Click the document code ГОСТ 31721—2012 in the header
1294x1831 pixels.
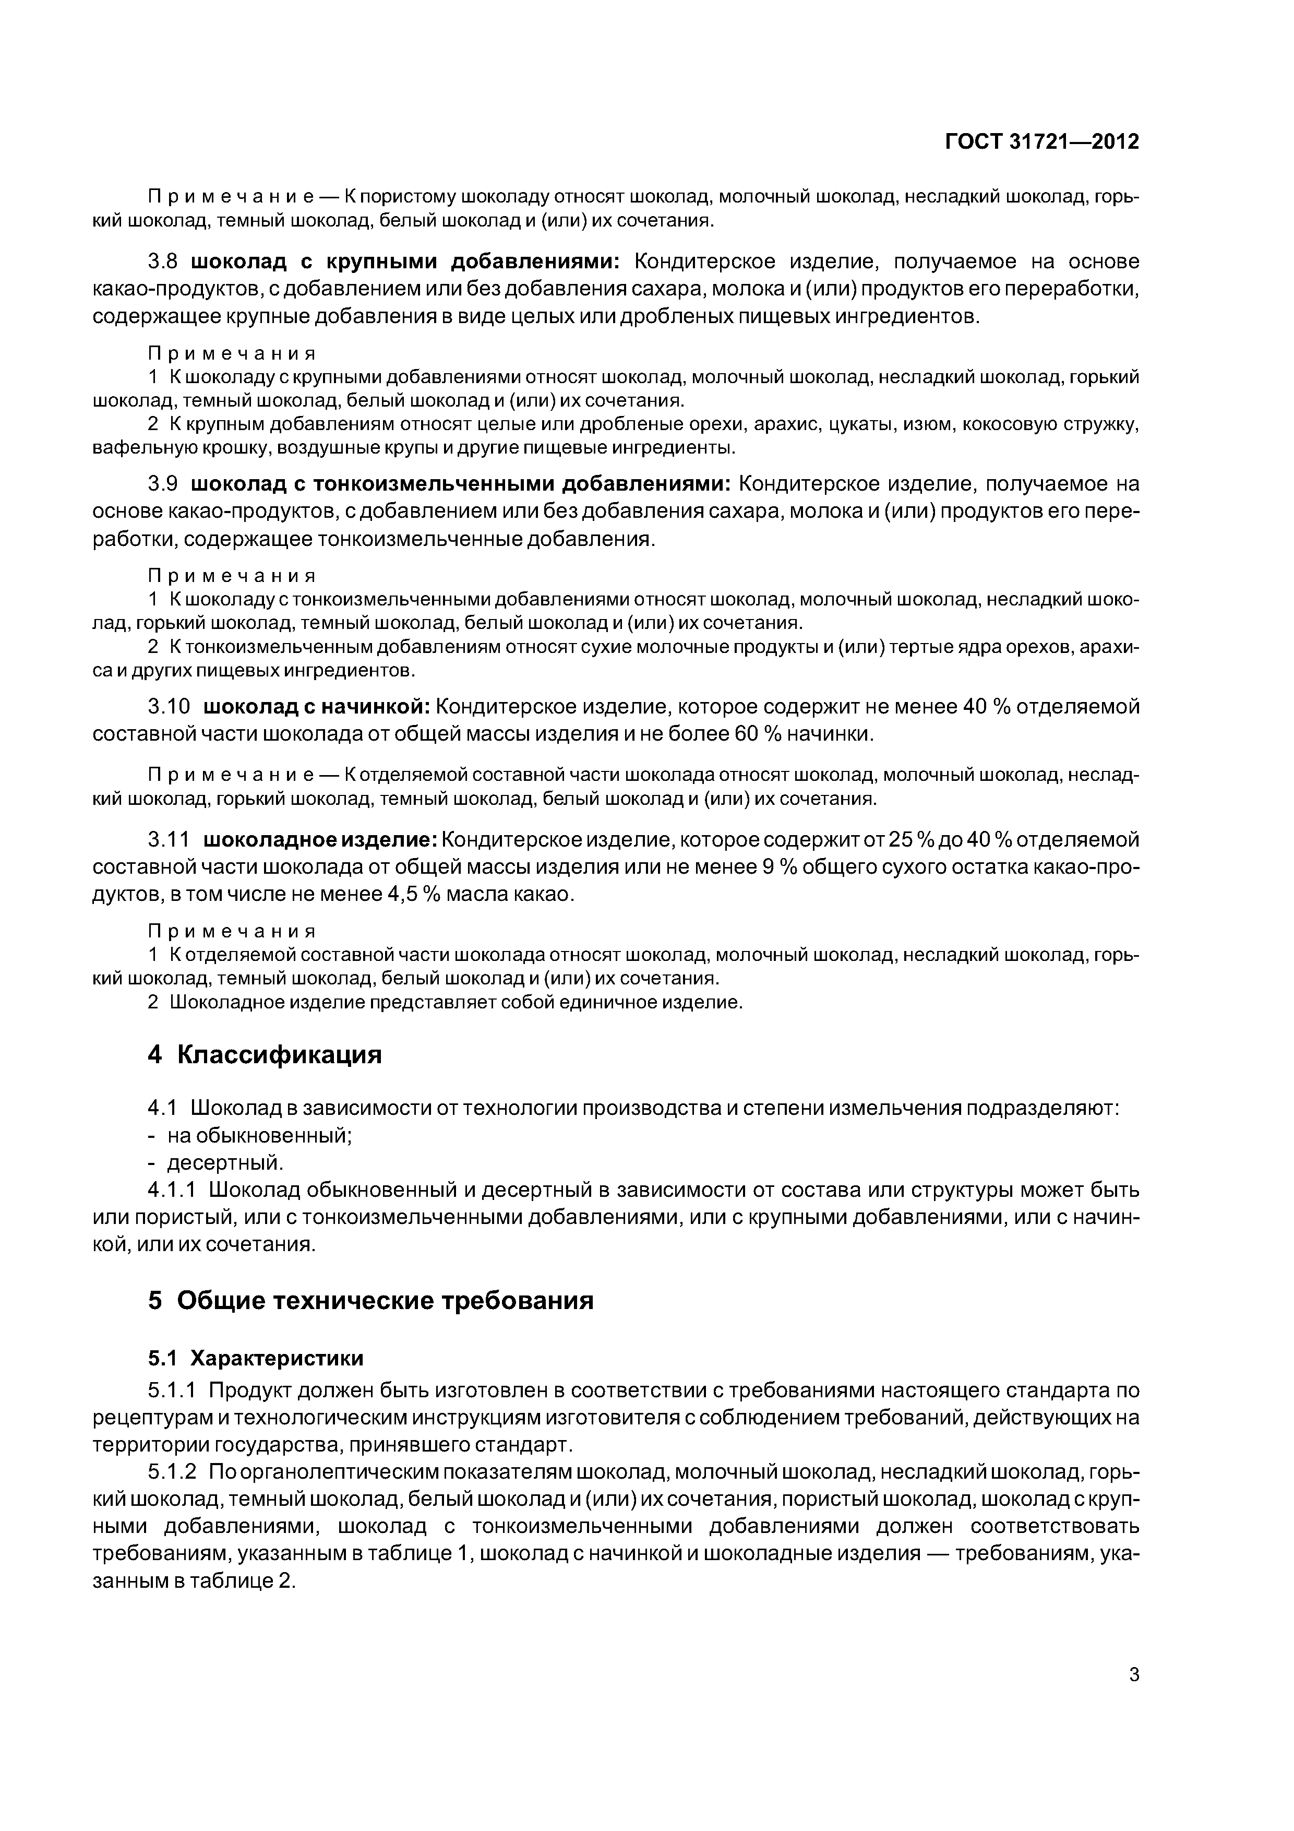pyautogui.click(x=1041, y=142)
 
